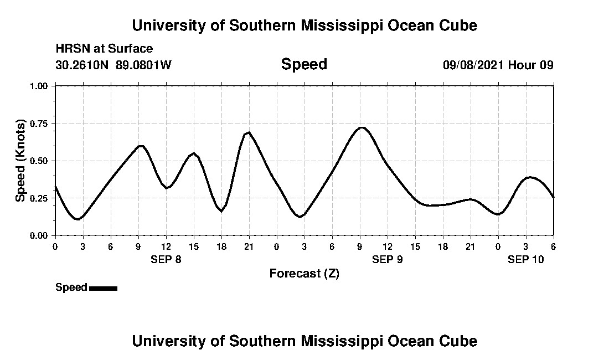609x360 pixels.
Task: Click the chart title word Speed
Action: click(x=304, y=64)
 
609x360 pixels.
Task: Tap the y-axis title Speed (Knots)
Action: click(x=20, y=160)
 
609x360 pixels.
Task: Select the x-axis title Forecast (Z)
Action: click(x=304, y=274)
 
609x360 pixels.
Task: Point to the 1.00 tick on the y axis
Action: click(x=39, y=86)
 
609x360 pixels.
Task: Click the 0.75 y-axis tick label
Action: click(x=39, y=124)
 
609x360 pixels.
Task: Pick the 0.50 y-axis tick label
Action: click(x=39, y=161)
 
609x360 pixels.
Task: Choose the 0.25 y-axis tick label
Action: click(x=39, y=198)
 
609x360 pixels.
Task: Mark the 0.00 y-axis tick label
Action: click(x=39, y=235)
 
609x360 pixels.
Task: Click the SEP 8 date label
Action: click(x=166, y=259)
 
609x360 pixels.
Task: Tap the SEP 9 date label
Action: click(x=387, y=259)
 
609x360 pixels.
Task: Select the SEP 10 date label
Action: click(x=526, y=259)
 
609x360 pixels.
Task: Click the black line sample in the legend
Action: click(x=103, y=288)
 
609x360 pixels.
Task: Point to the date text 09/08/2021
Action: click(x=473, y=65)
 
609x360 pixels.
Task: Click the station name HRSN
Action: click(x=69, y=49)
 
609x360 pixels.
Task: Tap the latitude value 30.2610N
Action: click(x=82, y=65)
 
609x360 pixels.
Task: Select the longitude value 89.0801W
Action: click(x=143, y=65)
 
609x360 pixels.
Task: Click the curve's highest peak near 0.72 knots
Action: click(x=361, y=127)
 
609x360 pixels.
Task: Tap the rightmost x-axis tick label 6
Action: click(x=553, y=246)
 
